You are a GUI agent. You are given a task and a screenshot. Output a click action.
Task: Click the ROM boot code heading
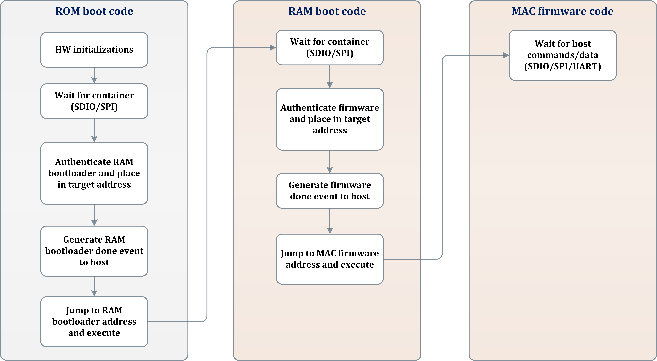(94, 11)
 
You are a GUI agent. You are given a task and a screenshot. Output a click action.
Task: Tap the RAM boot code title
(327, 11)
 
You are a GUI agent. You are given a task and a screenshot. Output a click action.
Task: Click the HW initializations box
(94, 50)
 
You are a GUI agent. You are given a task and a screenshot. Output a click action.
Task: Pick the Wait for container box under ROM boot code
(94, 101)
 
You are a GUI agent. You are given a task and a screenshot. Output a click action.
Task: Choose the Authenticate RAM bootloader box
(94, 173)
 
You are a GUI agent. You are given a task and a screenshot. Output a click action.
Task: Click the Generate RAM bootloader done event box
(94, 251)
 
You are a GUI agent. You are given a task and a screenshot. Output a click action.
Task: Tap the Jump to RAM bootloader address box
(94, 322)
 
